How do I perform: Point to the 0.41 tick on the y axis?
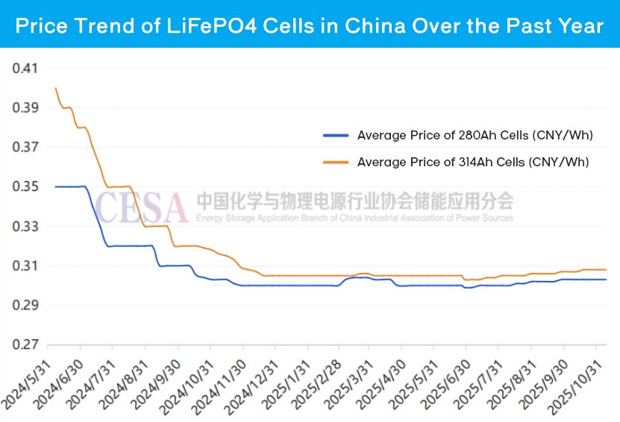click(25, 69)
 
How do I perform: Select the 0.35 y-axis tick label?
click(25, 187)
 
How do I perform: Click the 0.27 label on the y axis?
click(25, 345)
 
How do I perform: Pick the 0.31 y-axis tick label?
click(25, 266)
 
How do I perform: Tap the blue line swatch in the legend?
click(336, 135)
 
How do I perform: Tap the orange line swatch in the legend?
click(336, 162)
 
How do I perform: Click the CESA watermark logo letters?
click(141, 207)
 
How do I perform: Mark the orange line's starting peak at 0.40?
click(56, 88)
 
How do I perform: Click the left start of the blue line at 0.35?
click(56, 186)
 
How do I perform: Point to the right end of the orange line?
click(606, 269)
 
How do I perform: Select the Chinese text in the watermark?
click(355, 201)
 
